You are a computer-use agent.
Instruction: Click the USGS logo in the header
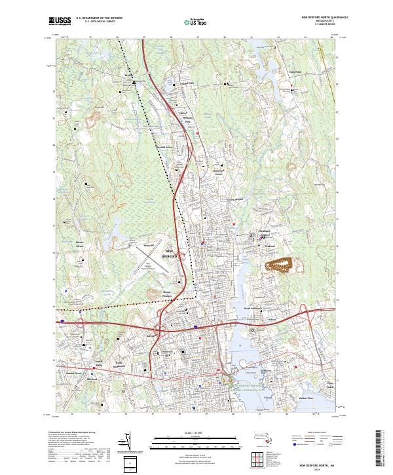[x=60, y=22]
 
